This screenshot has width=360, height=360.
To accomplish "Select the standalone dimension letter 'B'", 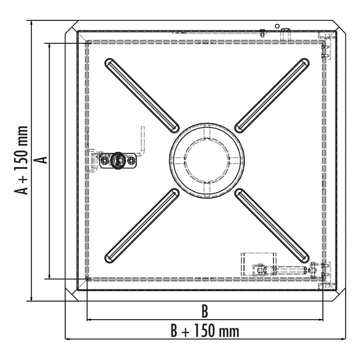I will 204,310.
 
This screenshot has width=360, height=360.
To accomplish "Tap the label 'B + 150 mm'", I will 204,331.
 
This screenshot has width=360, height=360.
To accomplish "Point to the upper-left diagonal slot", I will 142,95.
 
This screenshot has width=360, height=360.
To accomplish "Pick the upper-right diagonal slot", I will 272,95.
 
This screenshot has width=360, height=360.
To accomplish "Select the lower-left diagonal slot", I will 142,226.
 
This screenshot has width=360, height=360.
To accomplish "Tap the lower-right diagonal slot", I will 272,226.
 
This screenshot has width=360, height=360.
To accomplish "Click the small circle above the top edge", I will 277,26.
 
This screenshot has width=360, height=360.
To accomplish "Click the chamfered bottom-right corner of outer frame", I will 339,294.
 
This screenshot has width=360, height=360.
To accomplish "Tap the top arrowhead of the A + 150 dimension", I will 31,23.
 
